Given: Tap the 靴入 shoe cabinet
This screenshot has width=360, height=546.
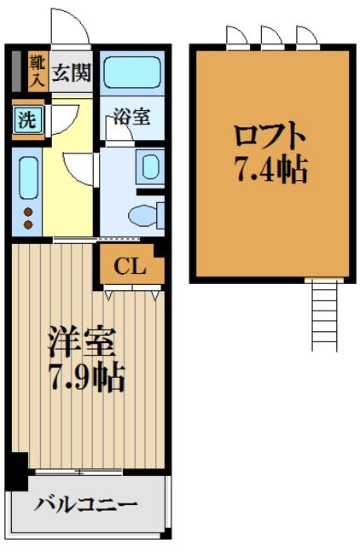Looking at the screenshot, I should click(38, 71).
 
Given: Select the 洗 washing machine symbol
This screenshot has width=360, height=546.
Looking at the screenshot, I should click(28, 120).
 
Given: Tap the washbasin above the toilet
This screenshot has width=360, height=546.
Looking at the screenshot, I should click(151, 166).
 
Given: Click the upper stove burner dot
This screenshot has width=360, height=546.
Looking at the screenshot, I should click(27, 212).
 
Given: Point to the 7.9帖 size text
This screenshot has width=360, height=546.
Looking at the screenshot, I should click(84, 375).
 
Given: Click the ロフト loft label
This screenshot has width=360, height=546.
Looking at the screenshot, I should click(270, 137).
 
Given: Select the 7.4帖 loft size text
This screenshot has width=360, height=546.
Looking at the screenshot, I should click(270, 171).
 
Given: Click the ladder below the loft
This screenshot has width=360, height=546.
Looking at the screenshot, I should click(326, 316).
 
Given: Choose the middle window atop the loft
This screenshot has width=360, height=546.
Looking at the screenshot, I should click(270, 35).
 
